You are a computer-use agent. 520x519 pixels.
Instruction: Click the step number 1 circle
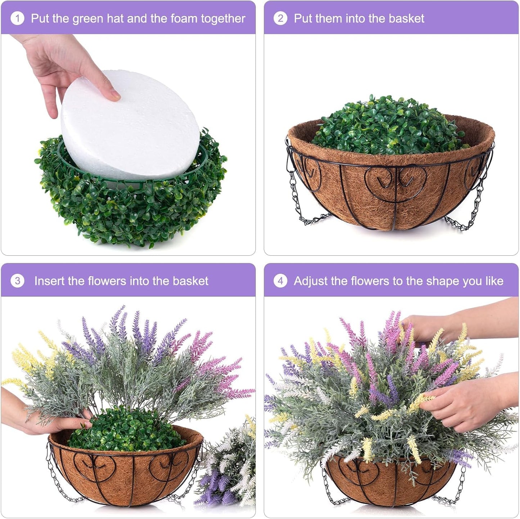[17, 18]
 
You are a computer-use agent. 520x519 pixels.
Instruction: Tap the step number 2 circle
[280, 18]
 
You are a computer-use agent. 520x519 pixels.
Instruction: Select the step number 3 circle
[17, 281]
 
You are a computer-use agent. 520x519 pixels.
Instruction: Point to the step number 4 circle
[280, 281]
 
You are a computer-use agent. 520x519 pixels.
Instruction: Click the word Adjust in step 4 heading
[310, 281]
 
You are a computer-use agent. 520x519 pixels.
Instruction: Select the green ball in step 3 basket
[126, 430]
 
